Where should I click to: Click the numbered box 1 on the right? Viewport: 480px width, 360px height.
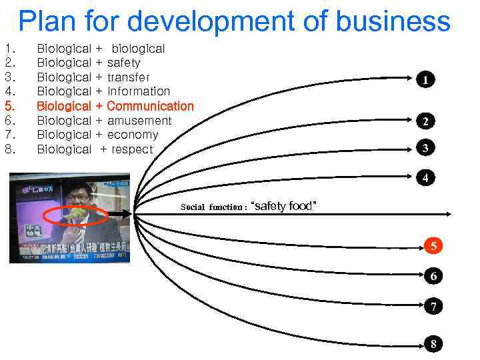pos(425,80)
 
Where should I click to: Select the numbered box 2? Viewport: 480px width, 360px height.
pos(425,121)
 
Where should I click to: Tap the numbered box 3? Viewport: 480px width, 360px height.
pos(425,148)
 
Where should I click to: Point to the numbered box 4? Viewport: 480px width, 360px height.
pos(425,178)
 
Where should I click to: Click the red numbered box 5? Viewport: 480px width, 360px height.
pos(433,246)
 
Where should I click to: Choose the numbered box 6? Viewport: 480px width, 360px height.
pos(433,275)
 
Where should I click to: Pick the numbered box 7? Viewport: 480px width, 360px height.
pos(433,307)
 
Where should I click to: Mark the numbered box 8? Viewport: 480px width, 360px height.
pos(433,344)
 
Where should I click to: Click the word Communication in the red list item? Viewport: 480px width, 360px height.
pos(150,106)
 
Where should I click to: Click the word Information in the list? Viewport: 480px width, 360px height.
pos(139,91)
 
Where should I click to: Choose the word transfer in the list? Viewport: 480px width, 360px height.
pos(129,77)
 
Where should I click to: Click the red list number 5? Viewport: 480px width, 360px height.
pos(9,106)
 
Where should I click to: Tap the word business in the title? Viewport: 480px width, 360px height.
pos(391,21)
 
